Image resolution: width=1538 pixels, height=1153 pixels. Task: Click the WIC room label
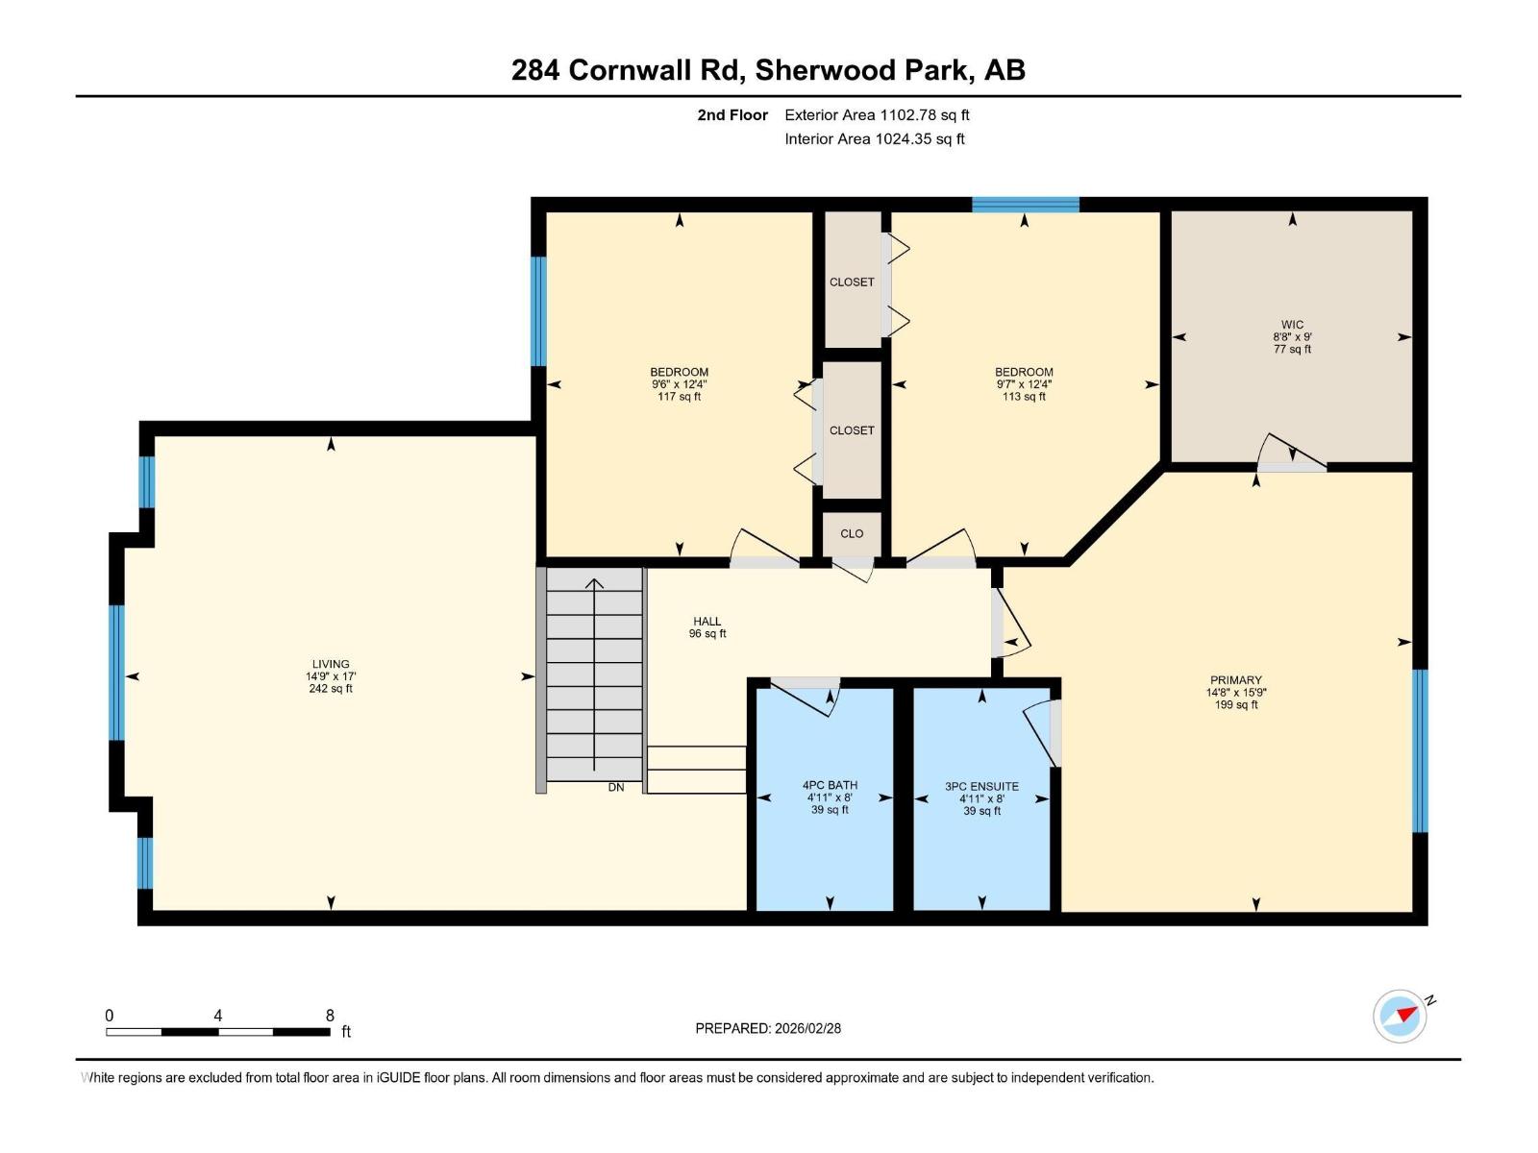point(1292,325)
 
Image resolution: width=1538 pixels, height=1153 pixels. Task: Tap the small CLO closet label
point(852,533)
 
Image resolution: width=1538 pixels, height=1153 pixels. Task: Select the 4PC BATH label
point(830,785)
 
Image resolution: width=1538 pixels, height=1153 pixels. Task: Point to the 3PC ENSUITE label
point(981,786)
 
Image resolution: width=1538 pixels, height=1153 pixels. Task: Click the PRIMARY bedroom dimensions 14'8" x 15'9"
point(1235,692)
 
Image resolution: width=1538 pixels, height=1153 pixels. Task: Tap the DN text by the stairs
point(616,787)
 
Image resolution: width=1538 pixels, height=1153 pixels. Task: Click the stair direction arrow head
point(595,582)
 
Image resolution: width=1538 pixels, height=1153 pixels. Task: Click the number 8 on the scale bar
point(330,1016)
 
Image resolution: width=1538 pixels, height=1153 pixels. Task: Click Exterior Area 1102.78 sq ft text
point(877,114)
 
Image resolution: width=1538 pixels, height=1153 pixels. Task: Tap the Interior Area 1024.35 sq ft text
point(874,138)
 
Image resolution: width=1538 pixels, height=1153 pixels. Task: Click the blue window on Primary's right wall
point(1420,750)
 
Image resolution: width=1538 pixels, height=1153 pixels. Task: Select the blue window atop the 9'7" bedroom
point(1025,204)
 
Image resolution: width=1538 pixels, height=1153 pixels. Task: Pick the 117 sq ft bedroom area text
point(679,396)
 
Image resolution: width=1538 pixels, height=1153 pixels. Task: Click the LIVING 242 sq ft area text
point(331,688)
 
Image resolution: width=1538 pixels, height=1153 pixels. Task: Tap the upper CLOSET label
point(852,282)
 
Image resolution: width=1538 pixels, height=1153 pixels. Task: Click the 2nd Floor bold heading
point(732,114)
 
